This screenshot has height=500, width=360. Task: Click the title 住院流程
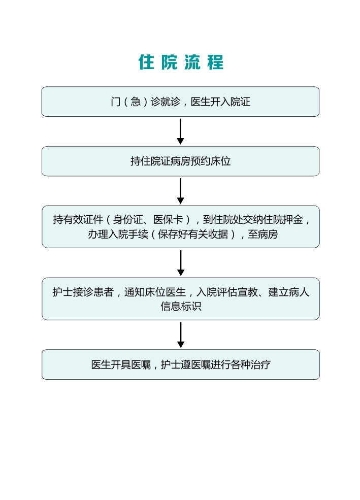coord(181,62)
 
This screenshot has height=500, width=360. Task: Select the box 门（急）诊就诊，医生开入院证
coord(180,102)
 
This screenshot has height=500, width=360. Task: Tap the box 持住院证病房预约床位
coord(180,161)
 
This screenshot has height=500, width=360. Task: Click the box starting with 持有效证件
coord(180,227)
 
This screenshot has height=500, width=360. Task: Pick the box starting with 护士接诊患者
coord(180,299)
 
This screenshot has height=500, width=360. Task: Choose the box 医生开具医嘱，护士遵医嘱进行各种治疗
coord(180,364)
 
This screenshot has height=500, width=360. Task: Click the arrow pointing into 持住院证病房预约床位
coord(180,131)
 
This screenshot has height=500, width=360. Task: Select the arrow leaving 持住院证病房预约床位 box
coord(180,191)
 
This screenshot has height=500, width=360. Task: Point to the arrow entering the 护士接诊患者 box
coord(180,263)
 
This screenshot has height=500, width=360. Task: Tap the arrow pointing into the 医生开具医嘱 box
coord(180,335)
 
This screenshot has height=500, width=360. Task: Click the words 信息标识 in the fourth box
coord(181,307)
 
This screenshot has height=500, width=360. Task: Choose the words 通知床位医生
coord(154,292)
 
